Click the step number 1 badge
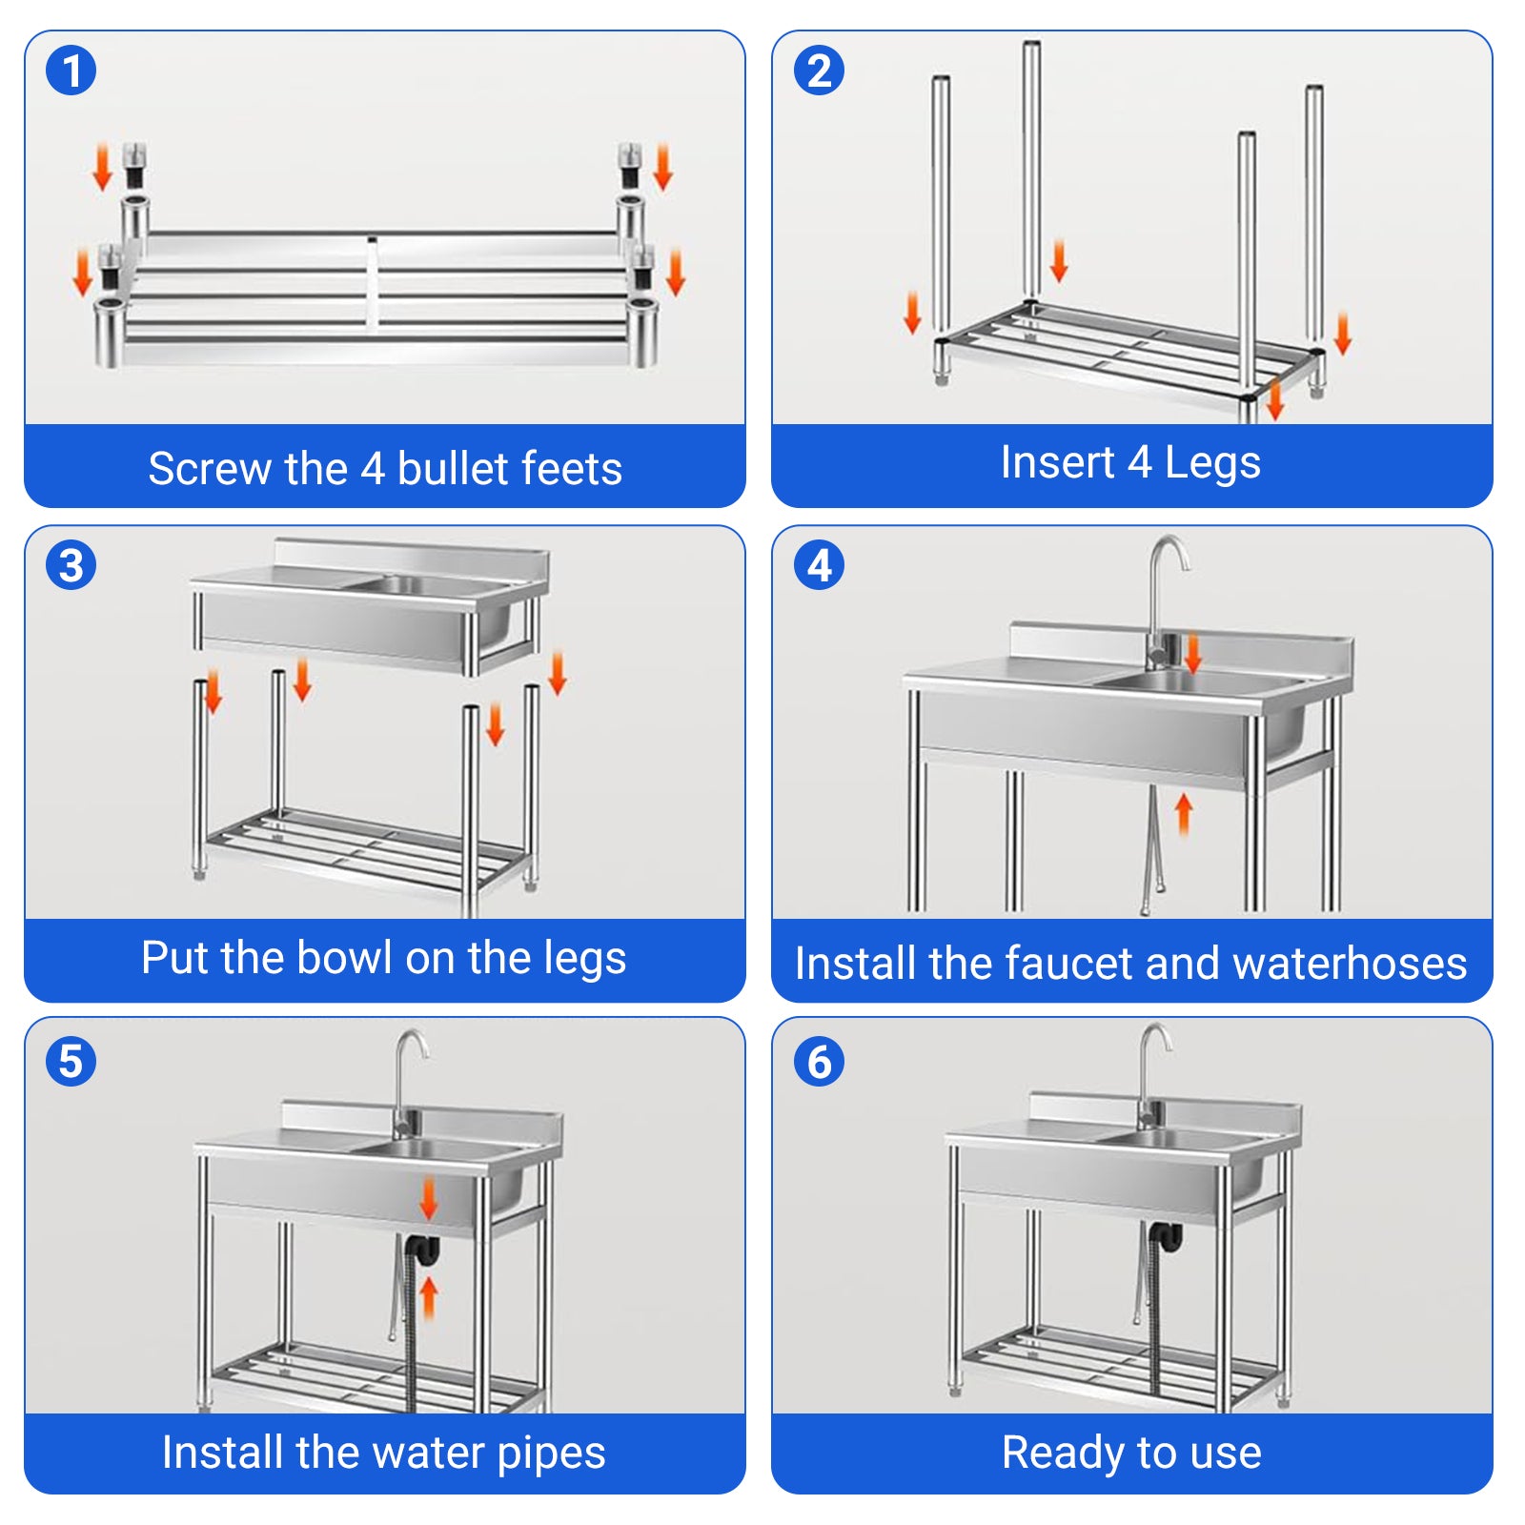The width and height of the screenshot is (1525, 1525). [71, 71]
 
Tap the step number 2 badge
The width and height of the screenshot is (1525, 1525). [820, 71]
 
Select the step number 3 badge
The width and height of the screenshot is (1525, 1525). [71, 565]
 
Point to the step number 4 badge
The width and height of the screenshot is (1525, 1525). [820, 565]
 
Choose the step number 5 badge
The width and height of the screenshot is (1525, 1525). [71, 1062]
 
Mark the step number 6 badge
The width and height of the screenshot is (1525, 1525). [820, 1062]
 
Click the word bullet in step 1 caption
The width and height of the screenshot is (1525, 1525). [452, 468]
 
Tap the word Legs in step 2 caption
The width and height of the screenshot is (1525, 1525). [1212, 464]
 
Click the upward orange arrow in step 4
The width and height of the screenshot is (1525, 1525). [1184, 816]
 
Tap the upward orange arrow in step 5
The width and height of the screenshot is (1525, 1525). [429, 1297]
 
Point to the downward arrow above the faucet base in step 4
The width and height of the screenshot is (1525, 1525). [1192, 654]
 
